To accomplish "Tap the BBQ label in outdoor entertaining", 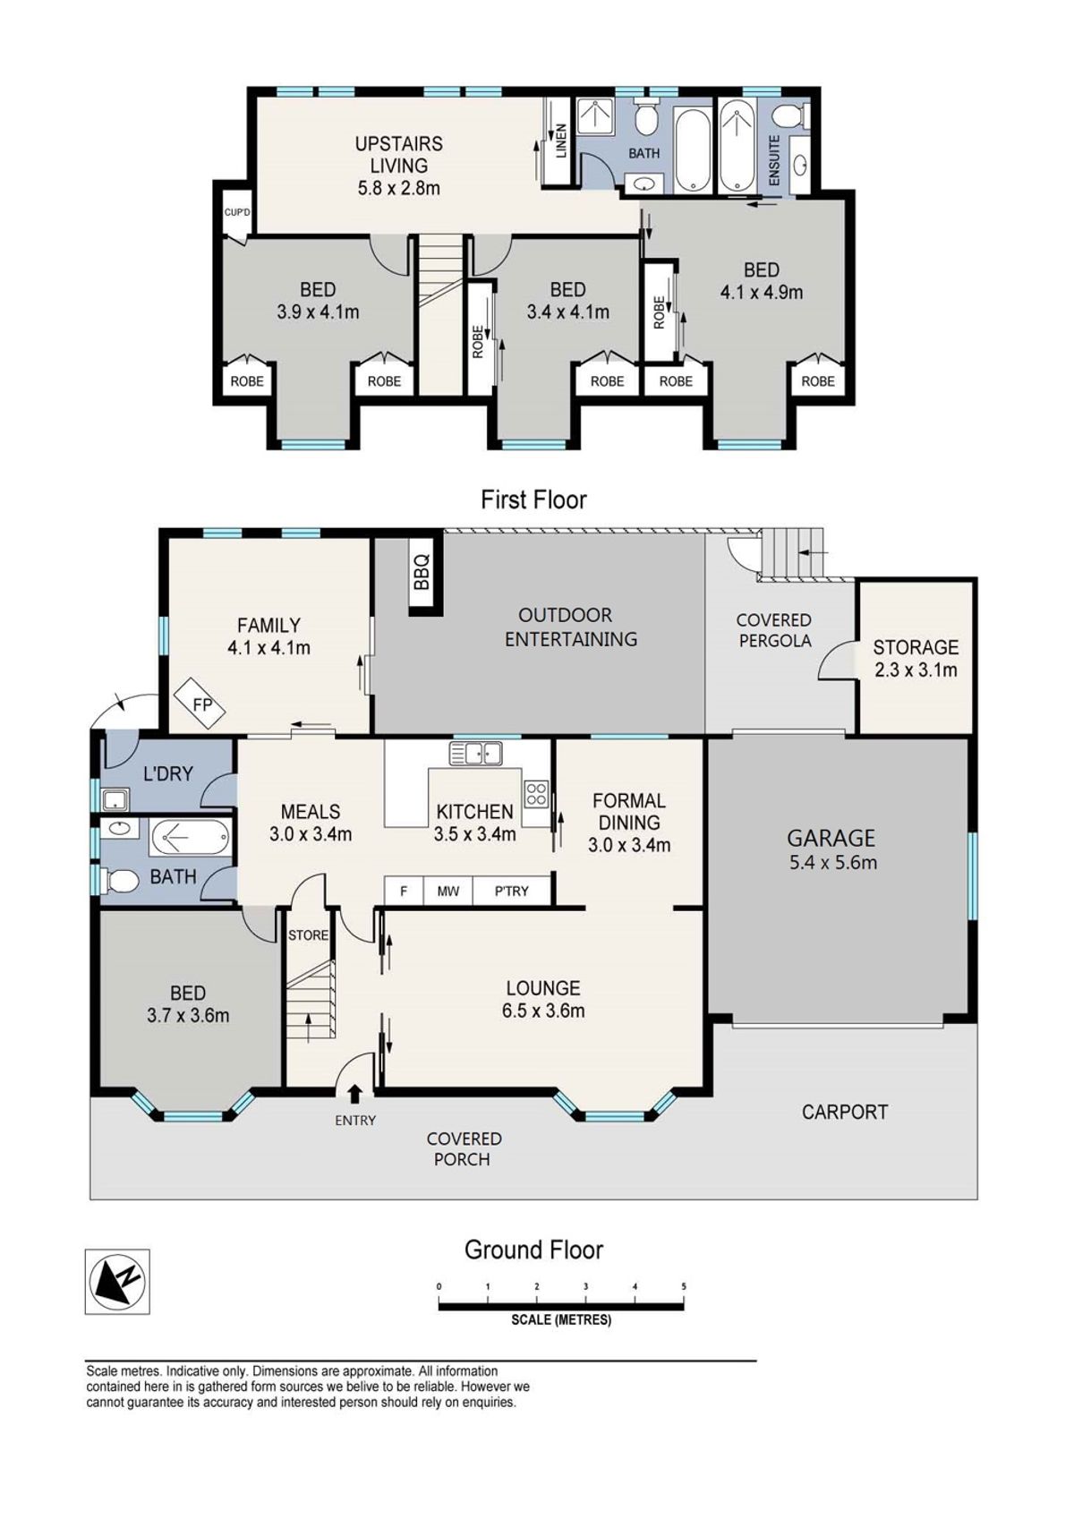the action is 422,572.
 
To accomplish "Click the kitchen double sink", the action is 475,753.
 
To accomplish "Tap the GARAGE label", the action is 831,838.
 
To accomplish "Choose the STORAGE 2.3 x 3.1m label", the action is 916,658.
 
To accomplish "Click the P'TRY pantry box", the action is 511,891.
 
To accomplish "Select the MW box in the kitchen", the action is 447,891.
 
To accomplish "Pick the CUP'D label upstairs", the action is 237,212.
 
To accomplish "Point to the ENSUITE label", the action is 774,161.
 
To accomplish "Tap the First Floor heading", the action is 533,499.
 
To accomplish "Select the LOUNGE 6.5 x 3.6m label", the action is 543,999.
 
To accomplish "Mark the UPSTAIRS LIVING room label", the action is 399,166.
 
